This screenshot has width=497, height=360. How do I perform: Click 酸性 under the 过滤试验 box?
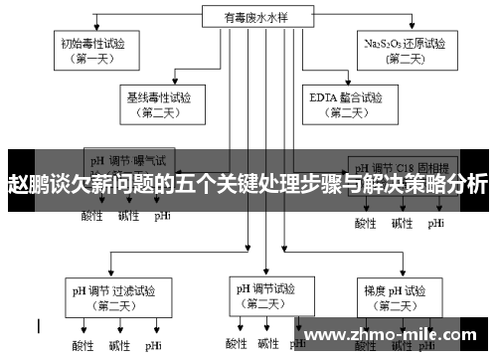pos(83,346)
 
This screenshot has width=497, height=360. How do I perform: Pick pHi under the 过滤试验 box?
pos(154,346)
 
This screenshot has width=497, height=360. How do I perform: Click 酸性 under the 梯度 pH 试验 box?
pos(367,346)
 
